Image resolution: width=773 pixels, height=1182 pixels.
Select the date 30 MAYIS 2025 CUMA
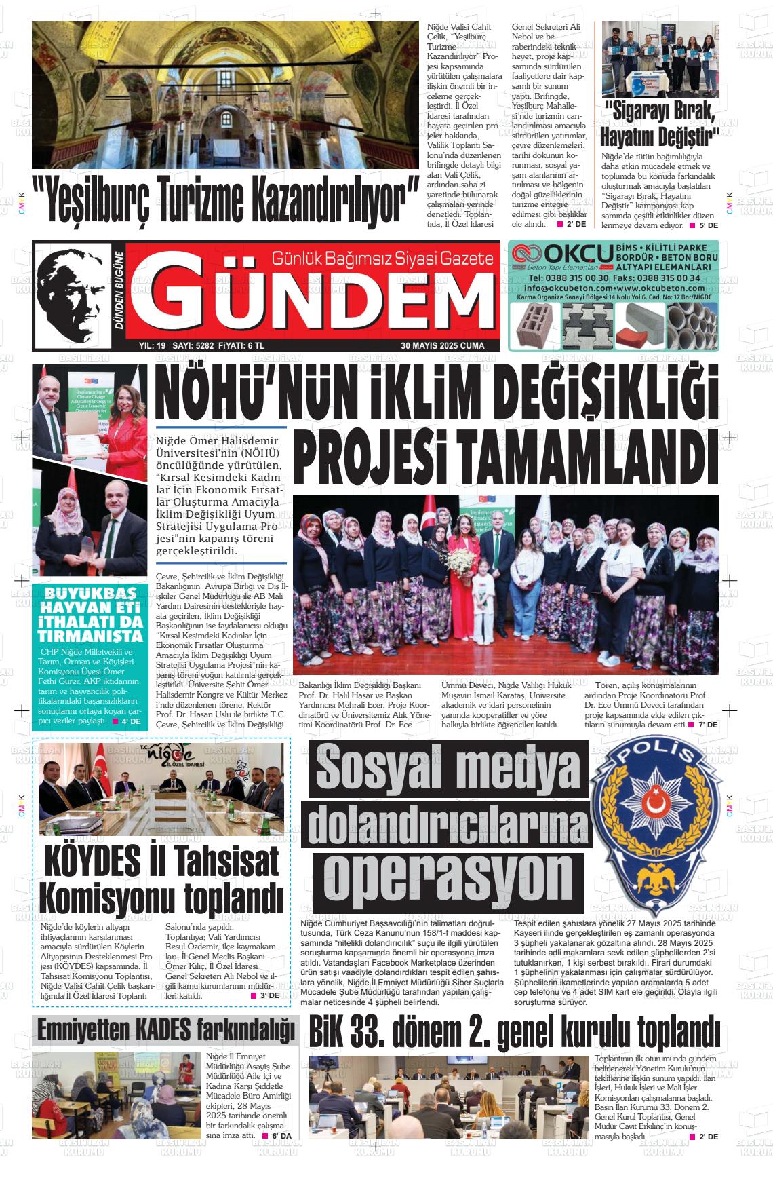click(443, 345)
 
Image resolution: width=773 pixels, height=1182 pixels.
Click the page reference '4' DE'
click(130, 721)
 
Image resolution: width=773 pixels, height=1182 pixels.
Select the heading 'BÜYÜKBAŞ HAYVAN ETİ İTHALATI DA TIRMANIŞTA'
click(90, 613)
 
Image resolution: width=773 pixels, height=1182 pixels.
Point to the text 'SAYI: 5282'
click(193, 345)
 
